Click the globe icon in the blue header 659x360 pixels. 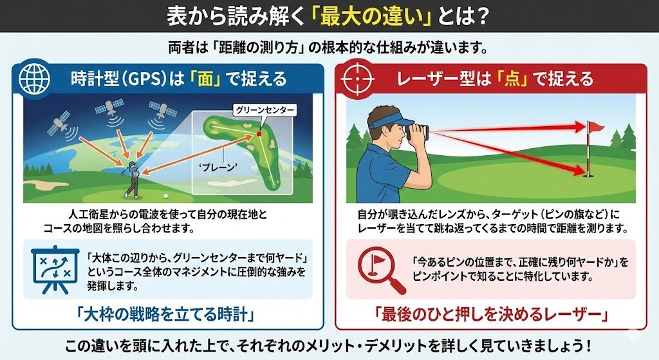click(34, 79)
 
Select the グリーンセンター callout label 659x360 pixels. click(265, 110)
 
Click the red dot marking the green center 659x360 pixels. click(259, 134)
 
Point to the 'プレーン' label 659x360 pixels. click(218, 167)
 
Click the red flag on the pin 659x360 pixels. click(595, 127)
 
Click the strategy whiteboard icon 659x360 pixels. click(55, 269)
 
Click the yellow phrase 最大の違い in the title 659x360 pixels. click(371, 16)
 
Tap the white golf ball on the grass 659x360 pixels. click(165, 196)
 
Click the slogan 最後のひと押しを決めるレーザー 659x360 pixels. click(491, 314)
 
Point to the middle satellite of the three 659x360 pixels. click(109, 108)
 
